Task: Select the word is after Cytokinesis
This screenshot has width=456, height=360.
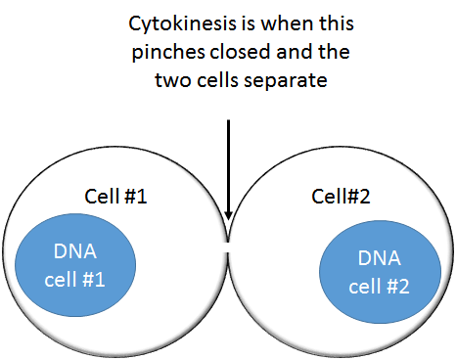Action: [x=229, y=22]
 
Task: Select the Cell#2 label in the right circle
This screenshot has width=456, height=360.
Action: [x=337, y=196]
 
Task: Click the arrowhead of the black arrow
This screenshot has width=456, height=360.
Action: [x=228, y=214]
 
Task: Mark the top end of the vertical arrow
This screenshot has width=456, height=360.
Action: [x=228, y=121]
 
